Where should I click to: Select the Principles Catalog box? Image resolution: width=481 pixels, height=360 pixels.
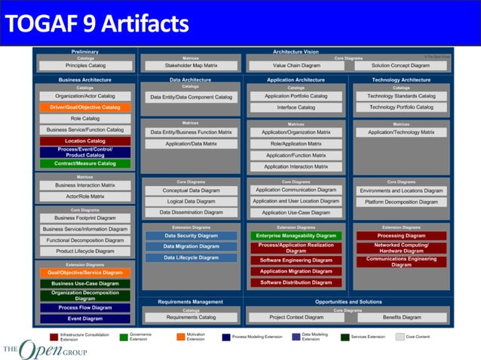point(85,66)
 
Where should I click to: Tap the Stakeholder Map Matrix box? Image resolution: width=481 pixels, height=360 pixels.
point(190,66)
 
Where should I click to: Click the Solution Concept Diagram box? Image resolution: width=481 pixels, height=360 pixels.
point(400,66)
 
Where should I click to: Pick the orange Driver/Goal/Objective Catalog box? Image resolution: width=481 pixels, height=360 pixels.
point(85,107)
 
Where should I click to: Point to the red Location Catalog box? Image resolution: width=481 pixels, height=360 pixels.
point(85,141)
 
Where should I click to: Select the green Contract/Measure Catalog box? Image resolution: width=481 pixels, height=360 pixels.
point(85,163)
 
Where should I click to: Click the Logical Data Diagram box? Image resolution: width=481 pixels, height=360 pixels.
point(190,201)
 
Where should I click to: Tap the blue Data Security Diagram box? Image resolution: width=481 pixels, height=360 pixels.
point(190,236)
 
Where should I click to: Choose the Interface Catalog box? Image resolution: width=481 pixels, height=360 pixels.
point(296,108)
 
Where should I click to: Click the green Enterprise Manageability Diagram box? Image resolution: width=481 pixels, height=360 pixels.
point(296,236)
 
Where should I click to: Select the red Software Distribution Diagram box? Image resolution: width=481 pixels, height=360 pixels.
point(296,282)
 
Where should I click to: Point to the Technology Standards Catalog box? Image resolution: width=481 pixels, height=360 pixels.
point(400,96)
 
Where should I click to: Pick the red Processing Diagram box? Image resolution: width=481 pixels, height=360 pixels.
point(400,236)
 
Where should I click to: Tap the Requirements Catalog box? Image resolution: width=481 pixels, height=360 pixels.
point(190,317)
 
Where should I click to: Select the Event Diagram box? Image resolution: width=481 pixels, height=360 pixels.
point(85,319)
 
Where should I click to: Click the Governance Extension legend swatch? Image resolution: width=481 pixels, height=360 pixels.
point(124,337)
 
